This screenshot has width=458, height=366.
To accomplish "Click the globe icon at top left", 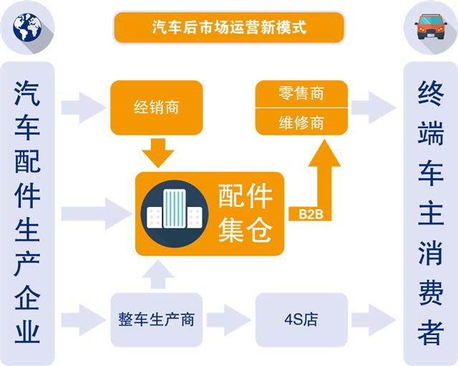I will tap(27, 28).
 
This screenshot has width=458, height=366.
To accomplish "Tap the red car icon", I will tap(430, 27).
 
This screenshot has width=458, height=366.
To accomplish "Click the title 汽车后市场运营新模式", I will tap(229, 28).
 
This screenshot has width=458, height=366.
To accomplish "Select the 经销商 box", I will tap(156, 108).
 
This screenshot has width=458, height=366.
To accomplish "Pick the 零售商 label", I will tap(301, 94).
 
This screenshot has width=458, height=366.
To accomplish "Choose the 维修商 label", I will tap(301, 122).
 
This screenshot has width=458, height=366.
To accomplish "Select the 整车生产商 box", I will tap(156, 319).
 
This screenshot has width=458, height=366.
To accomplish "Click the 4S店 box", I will tap(301, 319).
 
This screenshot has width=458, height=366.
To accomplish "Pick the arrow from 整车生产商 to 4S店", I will tap(228, 319).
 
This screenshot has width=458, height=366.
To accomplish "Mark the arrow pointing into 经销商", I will tap(83, 108).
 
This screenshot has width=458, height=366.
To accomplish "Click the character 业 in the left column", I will tap(27, 331).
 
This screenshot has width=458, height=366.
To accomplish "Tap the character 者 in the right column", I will tap(431, 331).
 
